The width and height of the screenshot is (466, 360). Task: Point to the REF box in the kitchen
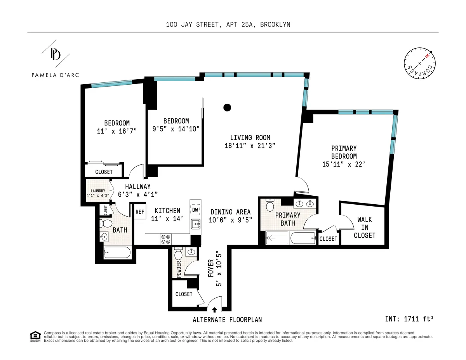pyautogui.click(x=139, y=212)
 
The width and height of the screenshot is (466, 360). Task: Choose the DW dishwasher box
pyautogui.click(x=195, y=210)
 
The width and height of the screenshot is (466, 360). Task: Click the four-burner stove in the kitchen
pyautogui.click(x=165, y=239)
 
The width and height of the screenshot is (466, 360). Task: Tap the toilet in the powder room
pyautogui.click(x=179, y=255)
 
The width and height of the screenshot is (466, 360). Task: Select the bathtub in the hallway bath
pyautogui.click(x=117, y=253)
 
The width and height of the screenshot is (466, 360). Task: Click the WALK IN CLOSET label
pyautogui.click(x=365, y=228)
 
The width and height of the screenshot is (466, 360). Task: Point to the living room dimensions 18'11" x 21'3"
pyautogui.click(x=250, y=146)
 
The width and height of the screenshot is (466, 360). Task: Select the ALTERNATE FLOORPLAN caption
pyautogui.click(x=227, y=320)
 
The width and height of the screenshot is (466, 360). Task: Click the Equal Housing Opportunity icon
pyautogui.click(x=35, y=336)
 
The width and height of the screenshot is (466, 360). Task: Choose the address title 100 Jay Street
pyautogui.click(x=228, y=24)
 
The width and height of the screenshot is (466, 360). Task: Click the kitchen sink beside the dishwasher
pyautogui.click(x=196, y=223)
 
